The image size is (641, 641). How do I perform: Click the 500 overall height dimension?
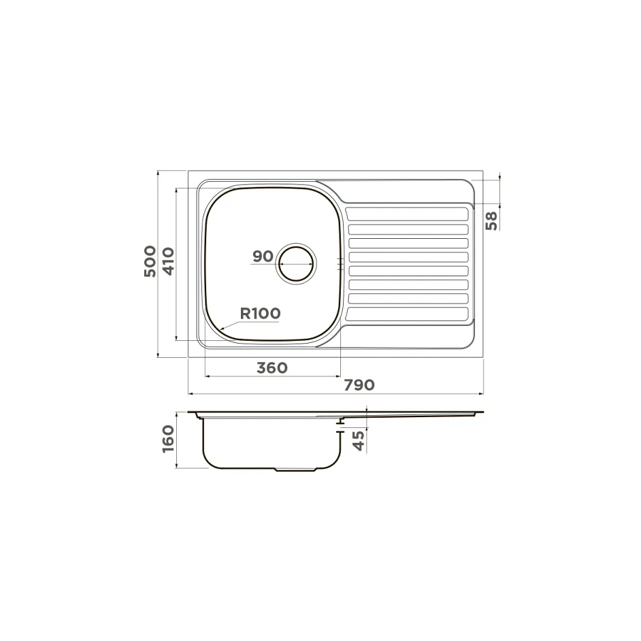[150, 261]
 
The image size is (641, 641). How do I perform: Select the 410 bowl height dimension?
[169, 261]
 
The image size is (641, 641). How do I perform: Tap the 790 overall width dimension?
[359, 385]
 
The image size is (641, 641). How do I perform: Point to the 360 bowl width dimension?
[272, 368]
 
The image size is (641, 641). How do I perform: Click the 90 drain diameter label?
[263, 257]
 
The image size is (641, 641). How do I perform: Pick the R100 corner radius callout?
[260, 314]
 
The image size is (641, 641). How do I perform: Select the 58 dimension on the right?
[492, 220]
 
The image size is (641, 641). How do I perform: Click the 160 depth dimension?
[169, 439]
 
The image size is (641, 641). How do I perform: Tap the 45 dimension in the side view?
[359, 441]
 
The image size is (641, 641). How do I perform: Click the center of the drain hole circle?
[296, 263]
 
